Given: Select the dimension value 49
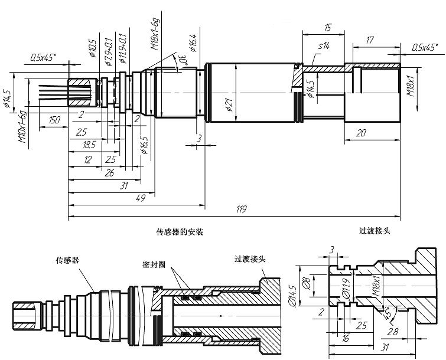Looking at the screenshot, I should coord(141,199).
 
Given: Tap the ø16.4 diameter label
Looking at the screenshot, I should coord(193,42).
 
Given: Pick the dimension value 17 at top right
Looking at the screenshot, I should coord(370,41).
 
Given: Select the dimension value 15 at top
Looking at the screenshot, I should coord(327,28).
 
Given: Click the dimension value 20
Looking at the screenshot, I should coord(362,133).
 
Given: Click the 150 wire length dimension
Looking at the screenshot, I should coord(54,120).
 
